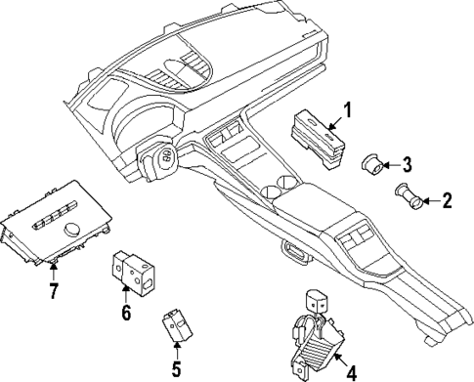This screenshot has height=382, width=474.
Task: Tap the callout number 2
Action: click(447, 202)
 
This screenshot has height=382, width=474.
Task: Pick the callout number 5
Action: click(176, 369)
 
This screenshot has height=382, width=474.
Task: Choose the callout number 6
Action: click(125, 314)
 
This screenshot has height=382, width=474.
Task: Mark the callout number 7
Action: click(55, 290)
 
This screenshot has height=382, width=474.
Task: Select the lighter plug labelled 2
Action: click(408, 197)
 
